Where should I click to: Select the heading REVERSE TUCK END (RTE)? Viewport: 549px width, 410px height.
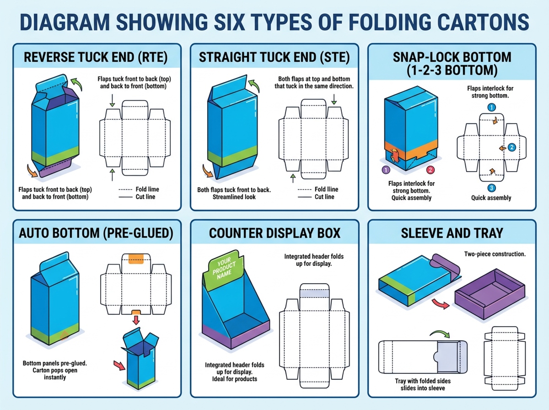[95, 58]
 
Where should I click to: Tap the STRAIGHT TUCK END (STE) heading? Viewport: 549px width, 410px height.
[274, 58]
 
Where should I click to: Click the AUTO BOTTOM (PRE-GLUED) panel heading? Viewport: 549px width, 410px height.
[96, 233]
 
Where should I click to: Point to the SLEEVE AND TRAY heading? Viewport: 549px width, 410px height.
[452, 233]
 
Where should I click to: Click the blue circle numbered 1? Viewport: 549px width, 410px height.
[491, 108]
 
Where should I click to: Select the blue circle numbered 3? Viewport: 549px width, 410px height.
[491, 188]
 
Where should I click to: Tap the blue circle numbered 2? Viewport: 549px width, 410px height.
[512, 147]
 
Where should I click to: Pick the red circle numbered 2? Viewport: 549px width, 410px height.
[430, 170]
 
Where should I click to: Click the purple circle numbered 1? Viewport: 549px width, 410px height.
[385, 170]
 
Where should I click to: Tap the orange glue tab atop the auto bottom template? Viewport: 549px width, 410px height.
[136, 258]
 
